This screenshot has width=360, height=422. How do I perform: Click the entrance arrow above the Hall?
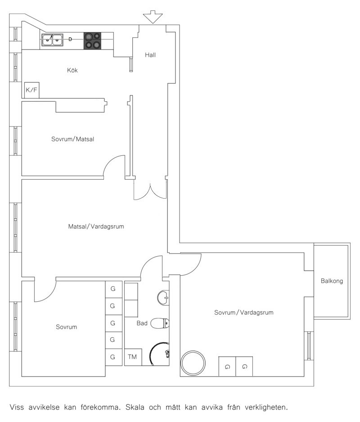[x=153, y=17]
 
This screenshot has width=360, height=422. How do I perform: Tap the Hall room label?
[x=150, y=55]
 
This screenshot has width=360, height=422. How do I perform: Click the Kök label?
[x=72, y=70]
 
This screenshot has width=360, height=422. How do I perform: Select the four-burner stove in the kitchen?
[x=93, y=41]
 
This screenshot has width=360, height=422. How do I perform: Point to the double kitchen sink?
[x=52, y=40]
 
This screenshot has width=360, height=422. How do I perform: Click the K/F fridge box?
[x=32, y=90]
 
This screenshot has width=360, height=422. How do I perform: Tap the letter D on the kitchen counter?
[x=70, y=39]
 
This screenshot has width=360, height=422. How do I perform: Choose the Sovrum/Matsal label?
[x=72, y=139]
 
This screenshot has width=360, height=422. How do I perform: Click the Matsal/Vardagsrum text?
[x=96, y=227]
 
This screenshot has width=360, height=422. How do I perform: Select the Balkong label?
[x=332, y=281]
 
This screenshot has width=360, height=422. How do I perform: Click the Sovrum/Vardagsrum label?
[x=243, y=313]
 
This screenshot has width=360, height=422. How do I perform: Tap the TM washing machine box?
[x=133, y=357]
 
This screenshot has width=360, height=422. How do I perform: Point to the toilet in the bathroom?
[x=160, y=323]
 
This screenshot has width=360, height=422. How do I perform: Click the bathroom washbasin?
[x=163, y=298]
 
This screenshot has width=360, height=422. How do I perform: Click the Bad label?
[x=142, y=323]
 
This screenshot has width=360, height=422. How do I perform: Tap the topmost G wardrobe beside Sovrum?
[x=113, y=289]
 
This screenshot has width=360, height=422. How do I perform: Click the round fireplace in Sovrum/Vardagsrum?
[x=193, y=363]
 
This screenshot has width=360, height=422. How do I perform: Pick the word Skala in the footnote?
[x=135, y=407]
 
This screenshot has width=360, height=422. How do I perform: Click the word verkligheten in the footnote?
[x=266, y=408]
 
